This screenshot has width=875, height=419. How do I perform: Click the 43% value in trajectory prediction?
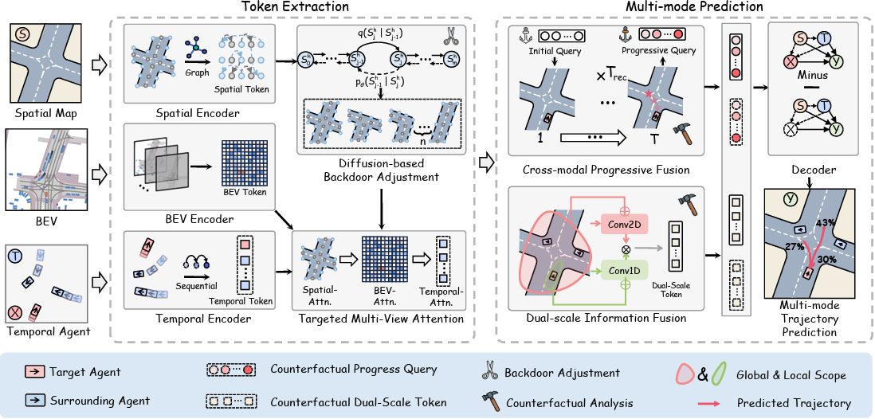[x=824, y=222]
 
